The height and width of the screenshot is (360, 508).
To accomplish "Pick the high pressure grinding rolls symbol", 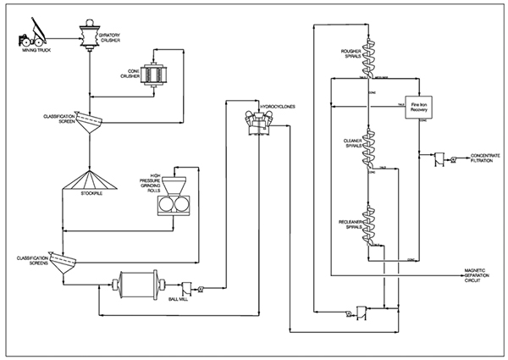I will click(x=175, y=200).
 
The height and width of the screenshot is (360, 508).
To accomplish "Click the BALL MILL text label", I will click(x=179, y=299).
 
